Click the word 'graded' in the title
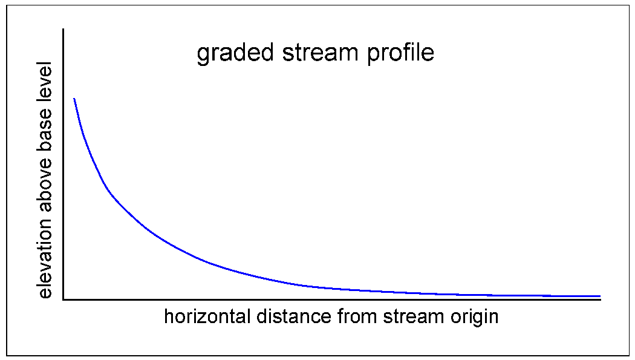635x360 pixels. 236,53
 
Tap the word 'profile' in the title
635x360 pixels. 401,53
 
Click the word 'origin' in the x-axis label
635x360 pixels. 474,317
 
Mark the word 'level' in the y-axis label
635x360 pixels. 45,84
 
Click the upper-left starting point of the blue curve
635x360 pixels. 74,98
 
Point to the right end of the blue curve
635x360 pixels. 600,296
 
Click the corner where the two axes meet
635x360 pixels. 63,299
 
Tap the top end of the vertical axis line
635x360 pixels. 63,28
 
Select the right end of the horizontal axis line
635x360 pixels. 600,299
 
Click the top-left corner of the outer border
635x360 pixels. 7,6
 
